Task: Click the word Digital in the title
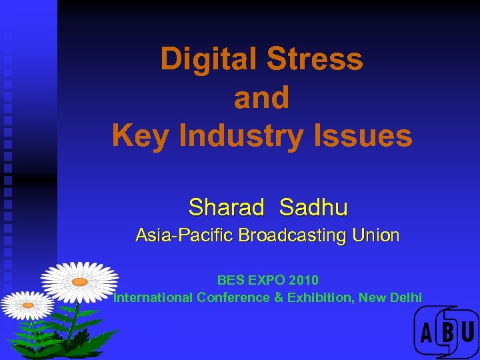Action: click(208, 59)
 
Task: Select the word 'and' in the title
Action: click(261, 98)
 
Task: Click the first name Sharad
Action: click(227, 207)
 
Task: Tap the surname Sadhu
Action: click(313, 207)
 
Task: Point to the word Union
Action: click(376, 236)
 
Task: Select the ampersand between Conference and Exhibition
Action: click(279, 297)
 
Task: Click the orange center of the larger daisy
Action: click(80, 282)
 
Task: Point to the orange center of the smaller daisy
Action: click(28, 305)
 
